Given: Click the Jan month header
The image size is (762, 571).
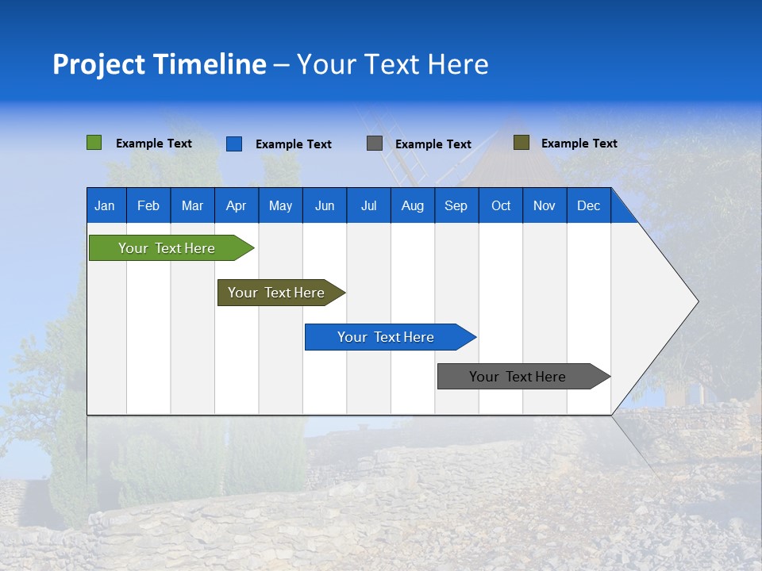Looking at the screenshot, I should [105, 205].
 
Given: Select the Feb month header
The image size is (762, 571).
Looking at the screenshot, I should [148, 205].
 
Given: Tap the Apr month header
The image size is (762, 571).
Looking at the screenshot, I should [236, 205].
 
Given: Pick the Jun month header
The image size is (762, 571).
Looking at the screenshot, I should [325, 205].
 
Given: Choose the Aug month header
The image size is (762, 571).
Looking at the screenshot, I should [412, 205].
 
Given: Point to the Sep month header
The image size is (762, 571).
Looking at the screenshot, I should [456, 205].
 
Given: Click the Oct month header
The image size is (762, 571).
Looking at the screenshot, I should [501, 205].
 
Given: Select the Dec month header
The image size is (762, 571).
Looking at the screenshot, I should [588, 205].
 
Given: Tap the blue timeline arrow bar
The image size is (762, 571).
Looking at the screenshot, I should [387, 337].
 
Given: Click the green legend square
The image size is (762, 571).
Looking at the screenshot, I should [94, 143].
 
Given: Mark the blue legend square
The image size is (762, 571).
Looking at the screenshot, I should [233, 144].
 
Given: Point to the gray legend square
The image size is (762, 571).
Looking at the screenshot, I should [375, 144].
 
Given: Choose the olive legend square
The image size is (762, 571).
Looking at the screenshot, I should [521, 143].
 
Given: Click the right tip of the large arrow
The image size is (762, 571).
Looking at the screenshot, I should [696, 301].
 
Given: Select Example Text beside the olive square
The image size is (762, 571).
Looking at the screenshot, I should [579, 144].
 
